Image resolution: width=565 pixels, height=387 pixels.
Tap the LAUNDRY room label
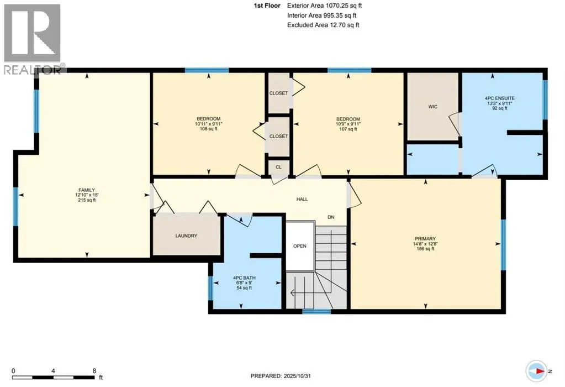[x=186, y=236]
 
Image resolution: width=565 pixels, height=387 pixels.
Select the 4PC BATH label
[x=244, y=278]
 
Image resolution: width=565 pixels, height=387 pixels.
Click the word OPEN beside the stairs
[x=299, y=246]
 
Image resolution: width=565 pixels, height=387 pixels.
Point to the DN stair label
[x=331, y=218]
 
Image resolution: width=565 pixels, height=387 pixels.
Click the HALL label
[x=302, y=200]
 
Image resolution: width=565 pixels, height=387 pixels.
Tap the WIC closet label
[x=432, y=107]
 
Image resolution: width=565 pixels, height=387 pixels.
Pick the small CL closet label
[x=278, y=166]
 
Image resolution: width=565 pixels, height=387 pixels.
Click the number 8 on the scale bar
[x=94, y=371]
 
